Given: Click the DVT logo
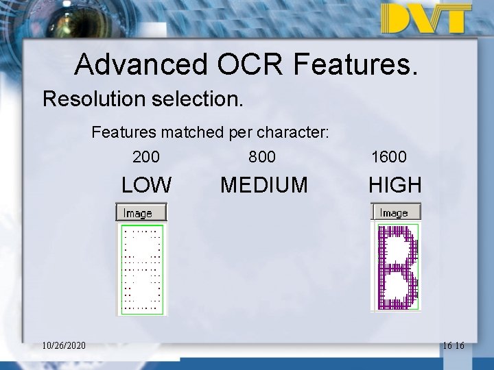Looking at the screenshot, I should (426, 18).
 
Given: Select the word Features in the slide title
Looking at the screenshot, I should (355, 64).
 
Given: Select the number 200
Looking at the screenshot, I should (146, 157).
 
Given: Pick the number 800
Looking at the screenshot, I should (262, 157).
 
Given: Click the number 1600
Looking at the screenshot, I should (388, 157).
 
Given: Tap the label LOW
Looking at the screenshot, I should (146, 185).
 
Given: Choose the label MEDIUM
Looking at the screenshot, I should (264, 185).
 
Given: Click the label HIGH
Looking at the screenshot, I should (395, 185).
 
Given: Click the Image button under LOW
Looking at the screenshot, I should (141, 213).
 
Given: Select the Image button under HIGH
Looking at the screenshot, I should (396, 212).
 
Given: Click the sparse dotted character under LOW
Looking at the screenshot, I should (142, 269).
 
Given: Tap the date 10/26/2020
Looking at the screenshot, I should (64, 345).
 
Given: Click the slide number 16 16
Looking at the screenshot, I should (454, 345).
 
